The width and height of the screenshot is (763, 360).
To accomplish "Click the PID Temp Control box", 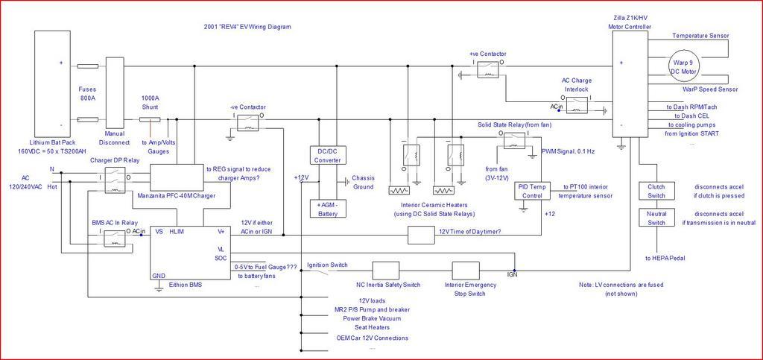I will tap(532, 190).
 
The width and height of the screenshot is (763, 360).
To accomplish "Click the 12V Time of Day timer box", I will tap(421, 235).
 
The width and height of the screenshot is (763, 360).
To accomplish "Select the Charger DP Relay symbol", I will tap(114, 177).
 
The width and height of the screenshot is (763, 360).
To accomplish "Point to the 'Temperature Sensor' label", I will tap(700, 36).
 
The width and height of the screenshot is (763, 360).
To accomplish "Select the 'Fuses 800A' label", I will tap(88, 92).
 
